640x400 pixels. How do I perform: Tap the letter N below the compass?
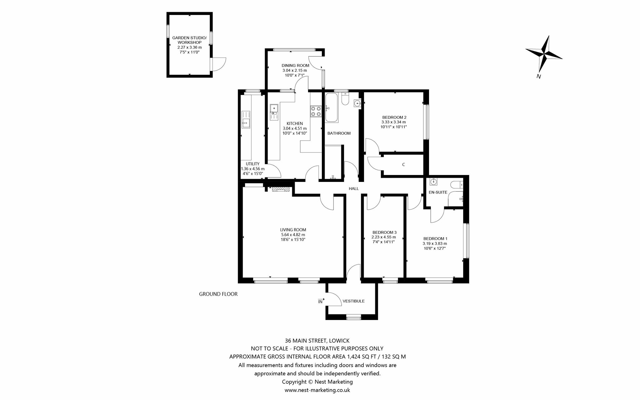(x=538, y=76)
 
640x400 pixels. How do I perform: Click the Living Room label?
(x=293, y=230)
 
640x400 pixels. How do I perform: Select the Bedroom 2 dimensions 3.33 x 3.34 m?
(x=393, y=122)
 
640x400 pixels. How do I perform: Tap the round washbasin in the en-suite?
(x=433, y=182)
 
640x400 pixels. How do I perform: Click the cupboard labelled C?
(x=403, y=165)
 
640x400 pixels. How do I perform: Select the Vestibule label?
(x=353, y=301)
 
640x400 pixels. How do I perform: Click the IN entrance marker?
(x=321, y=301)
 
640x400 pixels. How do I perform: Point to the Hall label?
(x=354, y=189)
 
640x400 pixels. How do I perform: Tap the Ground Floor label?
(x=218, y=294)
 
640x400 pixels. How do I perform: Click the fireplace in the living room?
(x=281, y=189)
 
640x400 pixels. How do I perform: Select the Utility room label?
(x=252, y=164)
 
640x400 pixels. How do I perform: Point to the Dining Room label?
(x=295, y=65)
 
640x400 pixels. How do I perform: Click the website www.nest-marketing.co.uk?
(x=317, y=390)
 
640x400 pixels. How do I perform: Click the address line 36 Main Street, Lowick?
(x=317, y=340)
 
